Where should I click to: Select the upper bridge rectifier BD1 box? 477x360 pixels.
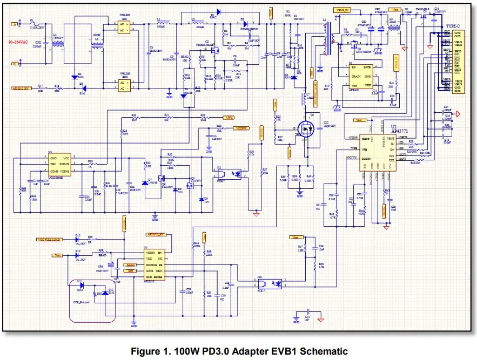(124, 27)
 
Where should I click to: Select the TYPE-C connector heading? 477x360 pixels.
(452, 26)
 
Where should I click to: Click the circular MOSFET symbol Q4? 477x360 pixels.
(307, 129)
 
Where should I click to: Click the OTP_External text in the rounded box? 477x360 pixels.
(82, 303)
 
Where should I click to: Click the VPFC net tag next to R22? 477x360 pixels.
(229, 117)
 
